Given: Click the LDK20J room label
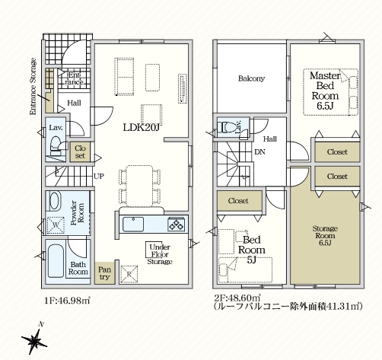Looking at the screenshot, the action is (x=142, y=128).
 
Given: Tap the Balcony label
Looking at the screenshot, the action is (x=251, y=78).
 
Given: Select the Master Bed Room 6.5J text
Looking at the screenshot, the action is (x=325, y=91).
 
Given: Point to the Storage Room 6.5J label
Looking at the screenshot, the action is (x=325, y=236).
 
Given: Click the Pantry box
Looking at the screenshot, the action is (x=104, y=272).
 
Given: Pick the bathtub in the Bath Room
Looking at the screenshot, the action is (x=56, y=261).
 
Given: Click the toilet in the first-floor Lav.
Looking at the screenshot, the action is (x=56, y=146).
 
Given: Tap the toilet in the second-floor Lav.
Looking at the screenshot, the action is (x=227, y=126).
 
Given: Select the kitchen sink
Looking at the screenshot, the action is (x=133, y=225).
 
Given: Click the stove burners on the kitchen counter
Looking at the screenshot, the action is (x=176, y=225).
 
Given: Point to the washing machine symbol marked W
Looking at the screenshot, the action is (x=56, y=225).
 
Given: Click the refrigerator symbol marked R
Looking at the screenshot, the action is (x=129, y=274).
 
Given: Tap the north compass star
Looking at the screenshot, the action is (x=34, y=341).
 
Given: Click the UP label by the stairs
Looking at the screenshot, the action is (x=99, y=176).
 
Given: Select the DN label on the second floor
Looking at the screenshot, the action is (x=259, y=152).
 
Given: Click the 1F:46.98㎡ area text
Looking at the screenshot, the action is (x=67, y=301).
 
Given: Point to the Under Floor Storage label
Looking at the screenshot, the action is (x=160, y=254).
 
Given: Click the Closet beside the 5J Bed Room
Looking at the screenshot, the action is (x=240, y=201).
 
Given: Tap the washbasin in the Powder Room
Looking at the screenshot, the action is (x=54, y=201).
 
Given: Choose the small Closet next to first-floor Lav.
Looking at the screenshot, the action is (x=80, y=152).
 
